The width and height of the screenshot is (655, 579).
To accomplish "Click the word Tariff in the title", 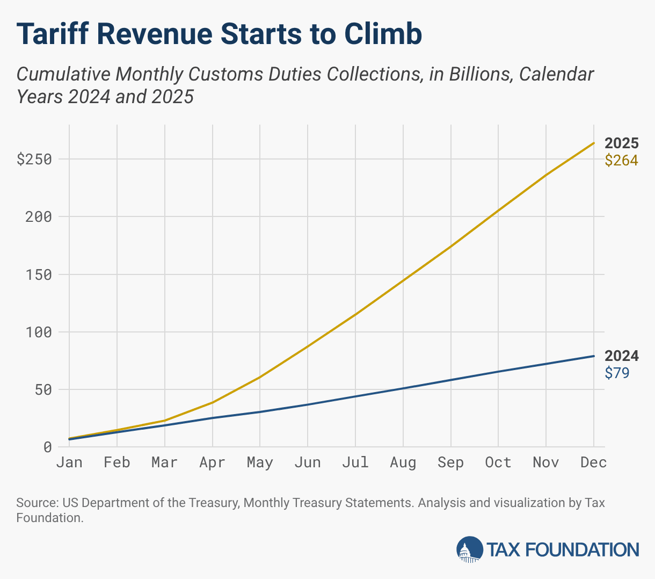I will (53, 34).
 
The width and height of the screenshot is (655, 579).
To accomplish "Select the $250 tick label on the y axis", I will (34, 160).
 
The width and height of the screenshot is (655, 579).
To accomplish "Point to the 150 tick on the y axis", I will (40, 274).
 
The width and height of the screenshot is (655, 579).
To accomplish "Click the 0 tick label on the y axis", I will (48, 447).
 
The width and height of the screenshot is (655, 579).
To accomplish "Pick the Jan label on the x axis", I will (69, 462).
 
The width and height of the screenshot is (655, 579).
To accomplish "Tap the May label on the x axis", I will (260, 462).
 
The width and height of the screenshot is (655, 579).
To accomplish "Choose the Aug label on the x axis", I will (403, 462).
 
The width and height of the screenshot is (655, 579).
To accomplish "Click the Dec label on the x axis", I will (593, 462).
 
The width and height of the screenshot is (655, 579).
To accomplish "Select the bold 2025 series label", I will (621, 143).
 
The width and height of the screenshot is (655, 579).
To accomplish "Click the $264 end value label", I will (621, 160).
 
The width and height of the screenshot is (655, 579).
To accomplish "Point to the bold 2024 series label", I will (621, 356).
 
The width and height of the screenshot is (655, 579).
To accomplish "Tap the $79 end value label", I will (617, 373).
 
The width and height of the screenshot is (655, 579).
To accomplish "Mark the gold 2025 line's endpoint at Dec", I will (593, 143).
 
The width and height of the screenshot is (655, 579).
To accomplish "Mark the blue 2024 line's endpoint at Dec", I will (593, 356).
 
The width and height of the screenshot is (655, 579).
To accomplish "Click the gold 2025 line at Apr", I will (213, 402).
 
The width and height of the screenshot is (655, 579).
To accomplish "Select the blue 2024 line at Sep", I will (450, 380).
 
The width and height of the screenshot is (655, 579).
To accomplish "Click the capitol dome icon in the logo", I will (469, 549).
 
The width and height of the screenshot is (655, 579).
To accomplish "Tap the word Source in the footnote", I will (37, 503).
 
